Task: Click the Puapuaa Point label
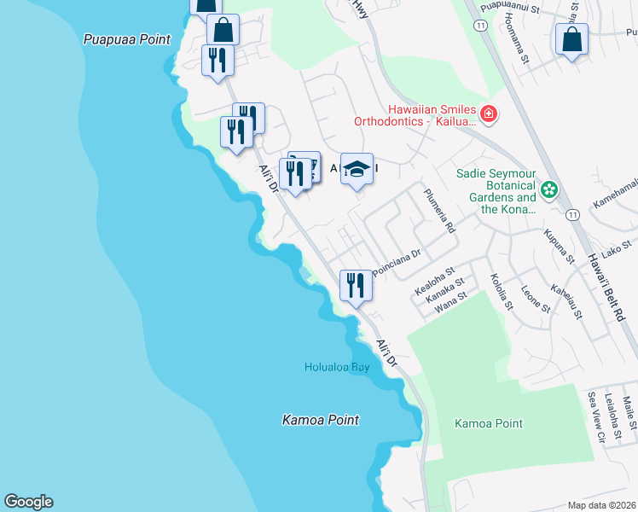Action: click(127, 39)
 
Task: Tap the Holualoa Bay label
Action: click(337, 367)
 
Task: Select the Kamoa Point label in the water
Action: click(320, 420)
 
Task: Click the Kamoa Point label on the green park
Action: click(488, 423)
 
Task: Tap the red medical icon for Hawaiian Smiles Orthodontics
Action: click(489, 113)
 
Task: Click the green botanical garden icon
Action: click(550, 188)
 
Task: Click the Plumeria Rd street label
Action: click(440, 212)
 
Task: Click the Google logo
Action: click(28, 502)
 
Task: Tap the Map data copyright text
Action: click(602, 505)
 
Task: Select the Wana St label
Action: click(450, 302)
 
